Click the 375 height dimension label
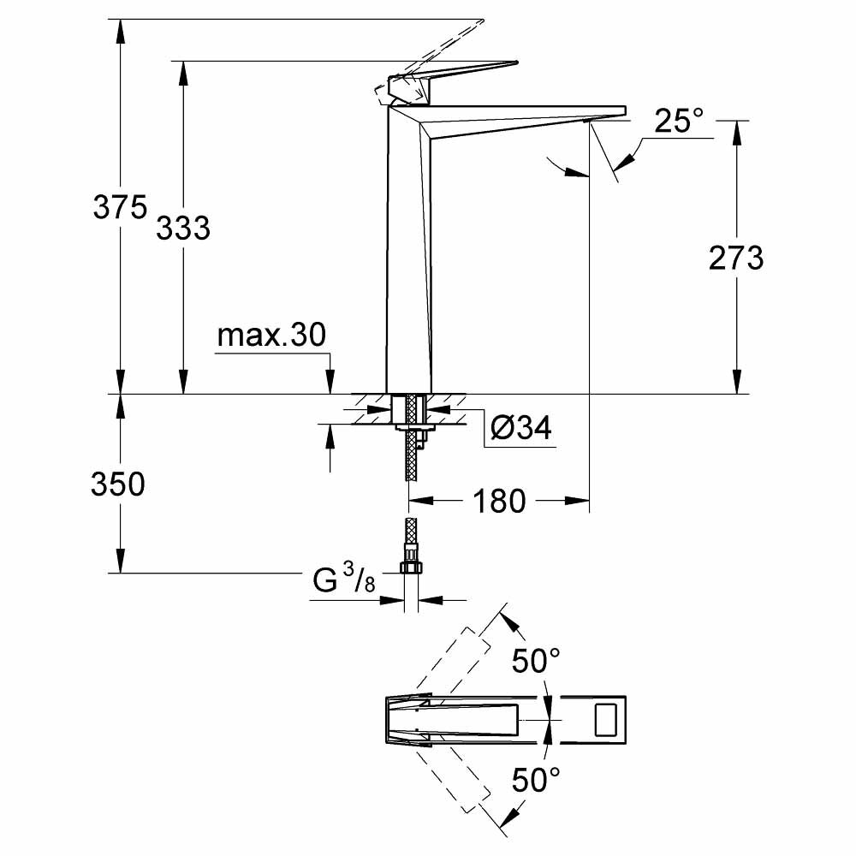coord(120,207)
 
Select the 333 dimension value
coord(183,228)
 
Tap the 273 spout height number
coord(735,258)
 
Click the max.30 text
coord(271,336)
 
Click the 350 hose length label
coord(118,484)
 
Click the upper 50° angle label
coord(536,660)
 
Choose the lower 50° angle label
coord(536,779)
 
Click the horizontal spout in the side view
coord(522,115)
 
